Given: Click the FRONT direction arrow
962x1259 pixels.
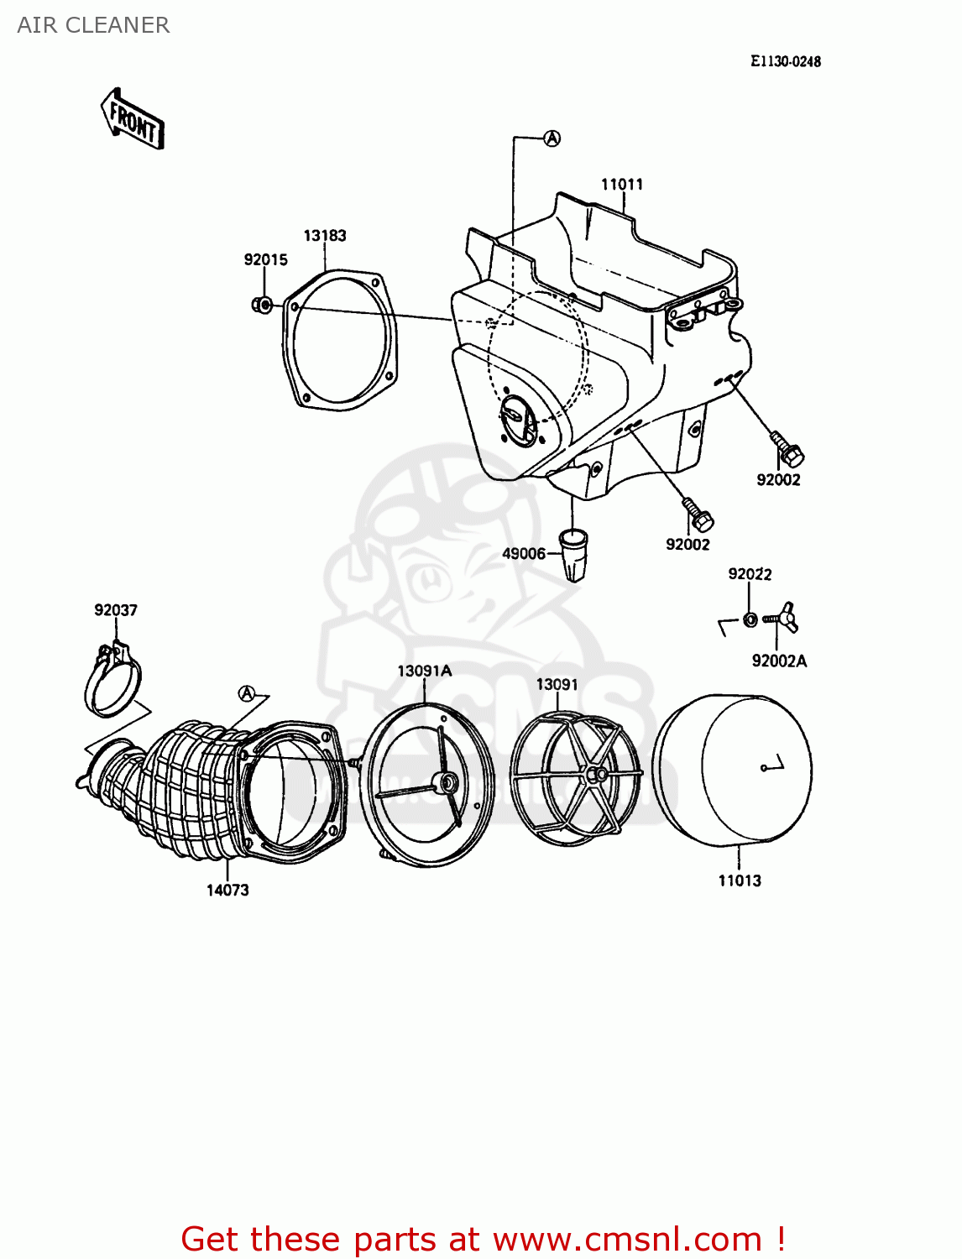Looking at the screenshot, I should pos(133,120).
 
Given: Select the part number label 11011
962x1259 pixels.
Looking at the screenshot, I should pos(621,184).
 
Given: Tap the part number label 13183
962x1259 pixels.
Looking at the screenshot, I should pos(325,236).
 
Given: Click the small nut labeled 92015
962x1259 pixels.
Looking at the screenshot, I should pos(261,304).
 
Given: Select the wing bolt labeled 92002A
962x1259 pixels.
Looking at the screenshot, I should pos(784,619).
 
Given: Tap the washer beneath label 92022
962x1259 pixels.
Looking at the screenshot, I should pos(750,619).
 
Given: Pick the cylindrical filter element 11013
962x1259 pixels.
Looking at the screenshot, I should pos(733,768).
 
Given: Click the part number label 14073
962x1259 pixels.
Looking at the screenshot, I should pos(227,890).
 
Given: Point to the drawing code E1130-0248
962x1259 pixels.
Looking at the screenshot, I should pos(785,61).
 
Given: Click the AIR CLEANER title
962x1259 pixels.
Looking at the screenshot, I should pos(93,25).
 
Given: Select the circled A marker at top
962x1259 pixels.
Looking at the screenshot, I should pos(552,138).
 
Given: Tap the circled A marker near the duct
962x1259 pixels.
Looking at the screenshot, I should pos(246,693).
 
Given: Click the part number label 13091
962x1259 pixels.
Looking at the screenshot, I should pos(557,684).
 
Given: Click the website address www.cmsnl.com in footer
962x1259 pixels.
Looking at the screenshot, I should pos(626,1239).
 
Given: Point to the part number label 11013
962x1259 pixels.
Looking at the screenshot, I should pos(740,880).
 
